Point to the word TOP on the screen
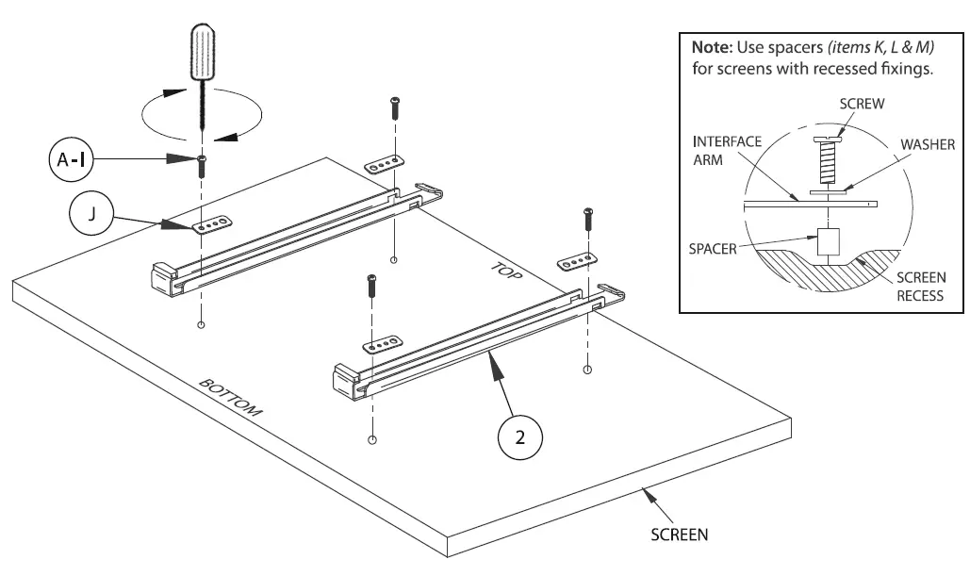pos(505,272)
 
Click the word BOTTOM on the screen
pos(230,400)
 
